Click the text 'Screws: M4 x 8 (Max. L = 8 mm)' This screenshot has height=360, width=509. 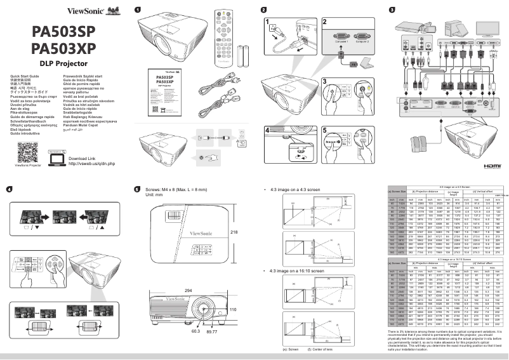[x=180, y=189]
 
